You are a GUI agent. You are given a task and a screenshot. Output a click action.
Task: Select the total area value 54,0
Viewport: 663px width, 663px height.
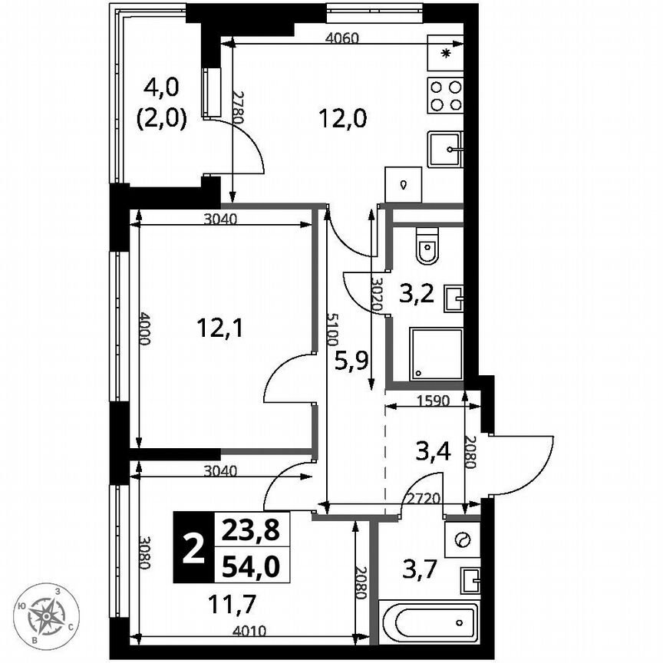coord(250,566)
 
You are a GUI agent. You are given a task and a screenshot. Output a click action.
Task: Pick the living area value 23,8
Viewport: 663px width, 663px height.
coord(250,529)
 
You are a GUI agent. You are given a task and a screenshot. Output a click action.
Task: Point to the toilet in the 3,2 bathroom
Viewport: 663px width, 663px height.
coord(427,247)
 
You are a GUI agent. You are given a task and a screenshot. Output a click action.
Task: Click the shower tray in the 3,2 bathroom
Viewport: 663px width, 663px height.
coord(436,354)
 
